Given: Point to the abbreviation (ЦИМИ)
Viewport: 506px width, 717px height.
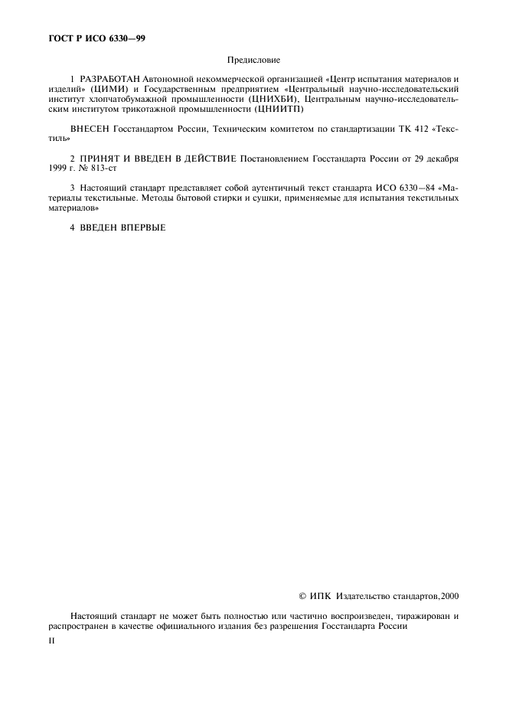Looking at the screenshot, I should point(112,90).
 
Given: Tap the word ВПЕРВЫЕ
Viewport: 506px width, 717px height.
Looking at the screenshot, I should point(142,228).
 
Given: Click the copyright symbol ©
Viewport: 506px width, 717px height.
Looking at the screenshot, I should point(302,596).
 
